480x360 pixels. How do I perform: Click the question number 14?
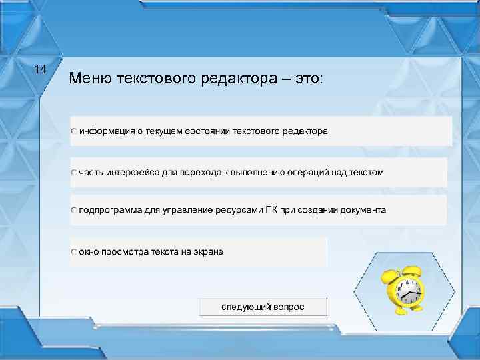click(40, 69)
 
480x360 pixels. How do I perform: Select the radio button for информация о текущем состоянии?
click(75, 131)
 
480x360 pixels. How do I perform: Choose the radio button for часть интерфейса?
click(75, 172)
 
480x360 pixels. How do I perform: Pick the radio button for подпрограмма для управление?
click(75, 210)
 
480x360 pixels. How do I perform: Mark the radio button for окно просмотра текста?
click(75, 252)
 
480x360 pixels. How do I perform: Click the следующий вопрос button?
click(263, 307)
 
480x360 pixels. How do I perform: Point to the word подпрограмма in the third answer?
click(111, 210)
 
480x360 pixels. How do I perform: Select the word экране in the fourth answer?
click(208, 252)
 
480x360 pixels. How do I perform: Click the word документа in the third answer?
click(363, 210)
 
